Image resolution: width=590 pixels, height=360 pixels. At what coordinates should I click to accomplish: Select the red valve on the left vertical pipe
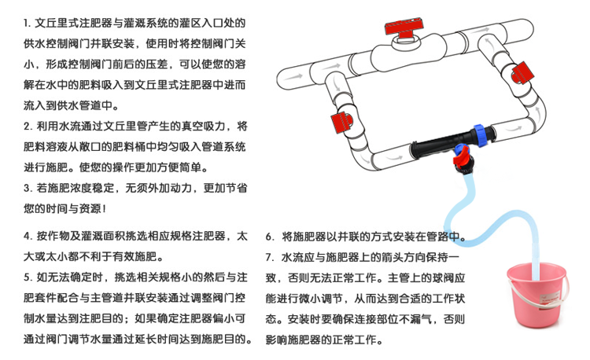(341, 123)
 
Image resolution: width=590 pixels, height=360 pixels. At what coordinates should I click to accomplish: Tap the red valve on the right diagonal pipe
(522, 72)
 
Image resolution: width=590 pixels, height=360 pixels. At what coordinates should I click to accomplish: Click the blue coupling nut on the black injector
(479, 134)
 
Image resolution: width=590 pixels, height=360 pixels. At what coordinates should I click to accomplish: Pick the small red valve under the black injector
(463, 157)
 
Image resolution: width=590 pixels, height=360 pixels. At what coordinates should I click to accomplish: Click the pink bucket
(537, 294)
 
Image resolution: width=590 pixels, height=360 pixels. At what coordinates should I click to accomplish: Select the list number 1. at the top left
(27, 24)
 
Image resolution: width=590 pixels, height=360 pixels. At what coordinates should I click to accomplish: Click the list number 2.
(28, 127)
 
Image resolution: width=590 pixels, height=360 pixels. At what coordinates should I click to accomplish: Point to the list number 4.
(28, 236)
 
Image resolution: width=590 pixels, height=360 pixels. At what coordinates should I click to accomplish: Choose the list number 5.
(28, 277)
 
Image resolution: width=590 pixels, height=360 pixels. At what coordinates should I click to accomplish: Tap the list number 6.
(270, 237)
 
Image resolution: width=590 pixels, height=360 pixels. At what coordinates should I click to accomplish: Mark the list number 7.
(270, 257)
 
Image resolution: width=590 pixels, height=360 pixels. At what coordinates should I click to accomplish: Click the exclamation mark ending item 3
(104, 208)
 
